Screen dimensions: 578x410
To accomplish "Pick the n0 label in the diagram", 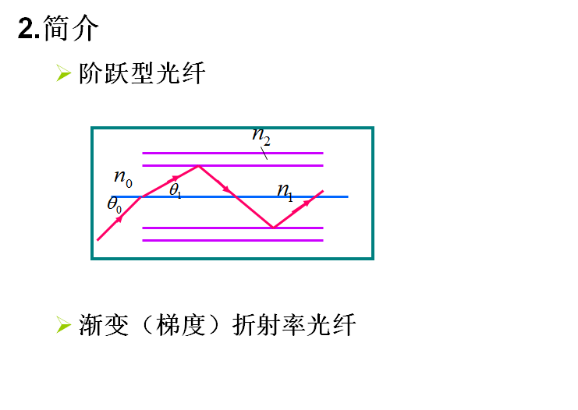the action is click(123, 178).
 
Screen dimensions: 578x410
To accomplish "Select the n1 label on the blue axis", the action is click(285, 191).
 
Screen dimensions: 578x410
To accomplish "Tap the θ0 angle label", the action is click(115, 205).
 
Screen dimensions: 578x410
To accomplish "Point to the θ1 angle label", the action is click(176, 189).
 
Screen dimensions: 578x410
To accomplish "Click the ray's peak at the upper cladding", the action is click(200, 166).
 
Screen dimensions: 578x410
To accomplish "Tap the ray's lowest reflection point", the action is click(273, 228).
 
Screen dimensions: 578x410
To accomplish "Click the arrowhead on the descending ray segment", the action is click(226, 189).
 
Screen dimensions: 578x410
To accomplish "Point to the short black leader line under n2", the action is click(264, 154).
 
